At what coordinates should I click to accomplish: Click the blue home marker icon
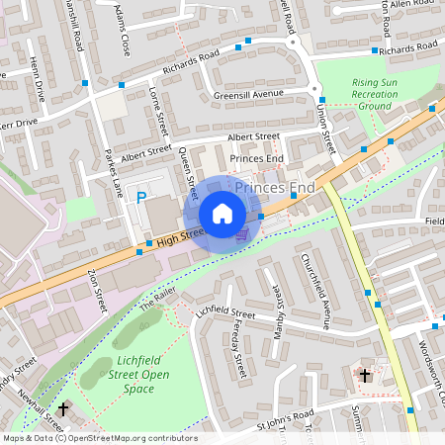coord(222,214)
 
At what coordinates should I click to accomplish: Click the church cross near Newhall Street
coord(63,407)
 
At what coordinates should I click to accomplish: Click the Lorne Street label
coord(158,114)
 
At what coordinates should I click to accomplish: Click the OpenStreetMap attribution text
coord(99,437)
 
